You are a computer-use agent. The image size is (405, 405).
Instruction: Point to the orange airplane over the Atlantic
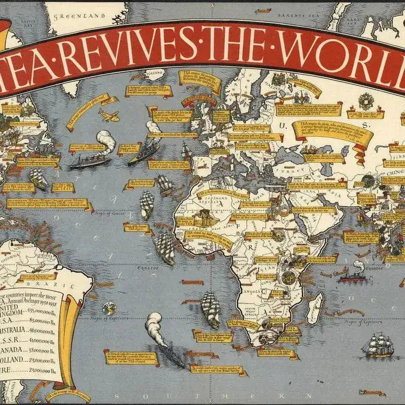pos(109,114)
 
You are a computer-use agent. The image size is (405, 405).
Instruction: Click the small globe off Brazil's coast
pos(108,308)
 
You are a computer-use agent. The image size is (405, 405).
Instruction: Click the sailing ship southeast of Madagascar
pos(378,345)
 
